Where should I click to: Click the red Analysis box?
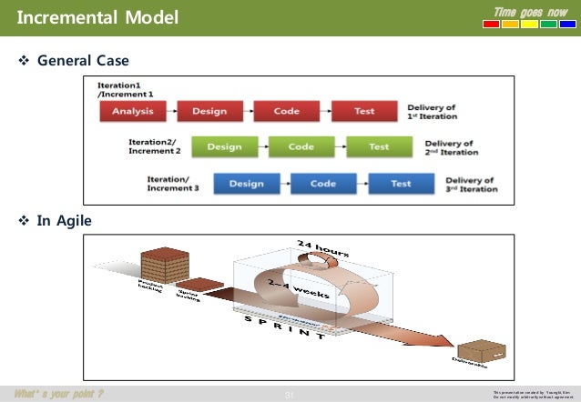pos(133,112)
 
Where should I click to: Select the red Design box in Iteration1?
pos(210,112)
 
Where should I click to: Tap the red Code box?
pos(287,112)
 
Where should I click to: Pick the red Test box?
pos(364,112)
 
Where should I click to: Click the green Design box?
pos(225,147)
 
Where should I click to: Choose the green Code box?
pos(301,147)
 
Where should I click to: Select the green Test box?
pos(379,147)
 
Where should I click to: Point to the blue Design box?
pos(247,183)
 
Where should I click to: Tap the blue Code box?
pos(323,183)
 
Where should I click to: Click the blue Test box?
pos(401,183)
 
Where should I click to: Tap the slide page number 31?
pos(290,394)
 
